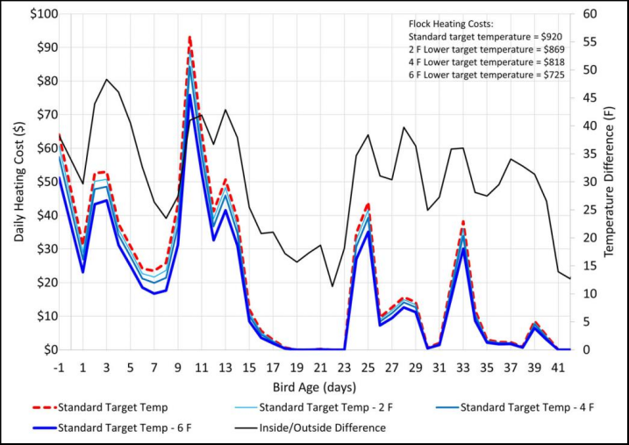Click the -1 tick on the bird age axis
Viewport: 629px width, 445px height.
[59, 367]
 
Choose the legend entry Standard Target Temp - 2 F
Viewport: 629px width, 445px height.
[320, 407]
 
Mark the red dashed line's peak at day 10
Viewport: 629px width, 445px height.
[189, 38]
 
